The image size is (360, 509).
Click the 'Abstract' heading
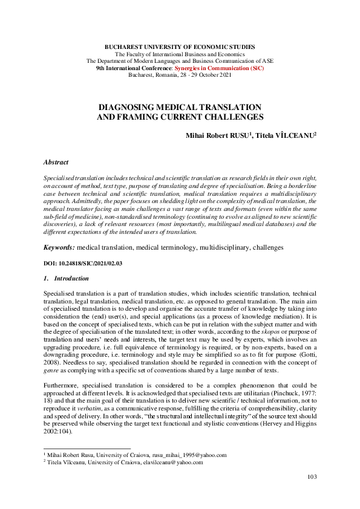click(56, 163)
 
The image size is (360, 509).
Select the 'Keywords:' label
click(59, 248)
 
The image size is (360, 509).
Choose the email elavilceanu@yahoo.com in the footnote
click(172, 462)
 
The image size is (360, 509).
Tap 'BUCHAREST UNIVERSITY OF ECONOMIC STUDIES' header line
click(180, 47)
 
